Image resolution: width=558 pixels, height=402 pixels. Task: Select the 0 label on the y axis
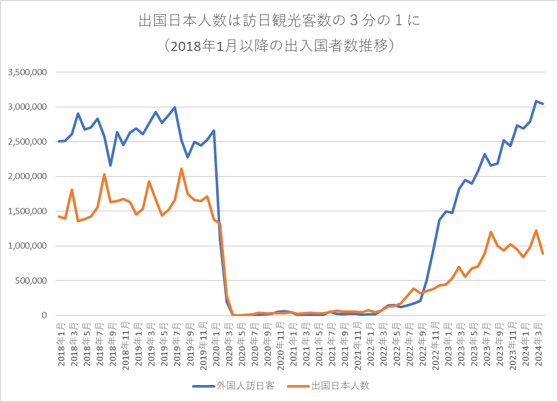(x=44, y=316)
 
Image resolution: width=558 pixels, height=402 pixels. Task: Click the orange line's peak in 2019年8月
(x=182, y=169)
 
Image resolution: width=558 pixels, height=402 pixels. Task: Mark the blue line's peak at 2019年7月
(x=175, y=108)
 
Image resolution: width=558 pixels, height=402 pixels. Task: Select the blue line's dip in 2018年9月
(x=110, y=165)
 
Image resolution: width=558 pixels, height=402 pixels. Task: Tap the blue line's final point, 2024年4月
(x=543, y=104)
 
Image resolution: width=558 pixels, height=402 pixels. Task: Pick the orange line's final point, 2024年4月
(x=543, y=253)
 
